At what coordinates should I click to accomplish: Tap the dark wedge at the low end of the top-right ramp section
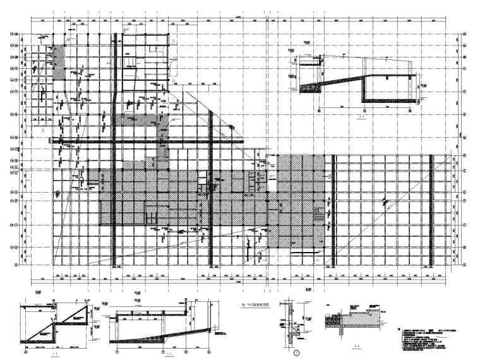(309, 85)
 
